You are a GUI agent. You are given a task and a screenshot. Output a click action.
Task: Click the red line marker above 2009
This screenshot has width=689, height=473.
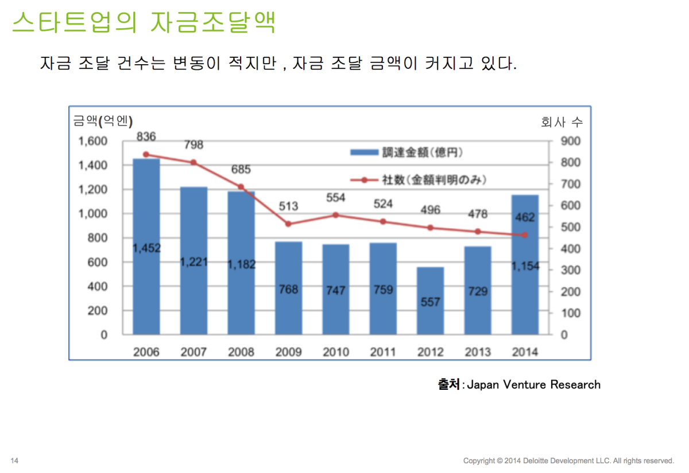[288, 224]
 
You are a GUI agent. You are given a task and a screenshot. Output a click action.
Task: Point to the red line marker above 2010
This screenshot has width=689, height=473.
[336, 215]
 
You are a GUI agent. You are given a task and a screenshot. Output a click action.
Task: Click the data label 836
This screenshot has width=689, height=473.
[146, 136]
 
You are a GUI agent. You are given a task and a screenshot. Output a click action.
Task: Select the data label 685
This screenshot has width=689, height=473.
[241, 170]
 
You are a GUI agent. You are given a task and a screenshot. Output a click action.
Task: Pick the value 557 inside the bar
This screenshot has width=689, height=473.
[430, 302]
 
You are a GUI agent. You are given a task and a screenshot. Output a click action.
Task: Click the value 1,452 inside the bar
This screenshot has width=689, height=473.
[146, 248]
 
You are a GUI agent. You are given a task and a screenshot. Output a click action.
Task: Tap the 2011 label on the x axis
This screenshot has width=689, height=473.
[383, 351]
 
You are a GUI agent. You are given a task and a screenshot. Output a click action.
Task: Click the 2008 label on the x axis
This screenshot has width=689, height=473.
[241, 351]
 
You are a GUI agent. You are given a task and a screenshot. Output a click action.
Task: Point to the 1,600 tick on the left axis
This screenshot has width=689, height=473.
[92, 141]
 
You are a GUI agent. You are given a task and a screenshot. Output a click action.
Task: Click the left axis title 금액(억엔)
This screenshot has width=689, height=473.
[103, 121]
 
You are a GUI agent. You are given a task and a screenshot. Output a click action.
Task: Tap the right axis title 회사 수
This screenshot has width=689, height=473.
[562, 122]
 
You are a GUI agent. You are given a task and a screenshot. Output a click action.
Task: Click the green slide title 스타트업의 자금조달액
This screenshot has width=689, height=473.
[144, 23]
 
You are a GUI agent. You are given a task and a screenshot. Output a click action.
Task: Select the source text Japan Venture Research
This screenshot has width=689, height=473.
[533, 384]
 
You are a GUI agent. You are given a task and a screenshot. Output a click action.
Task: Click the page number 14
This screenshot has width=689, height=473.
[15, 460]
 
